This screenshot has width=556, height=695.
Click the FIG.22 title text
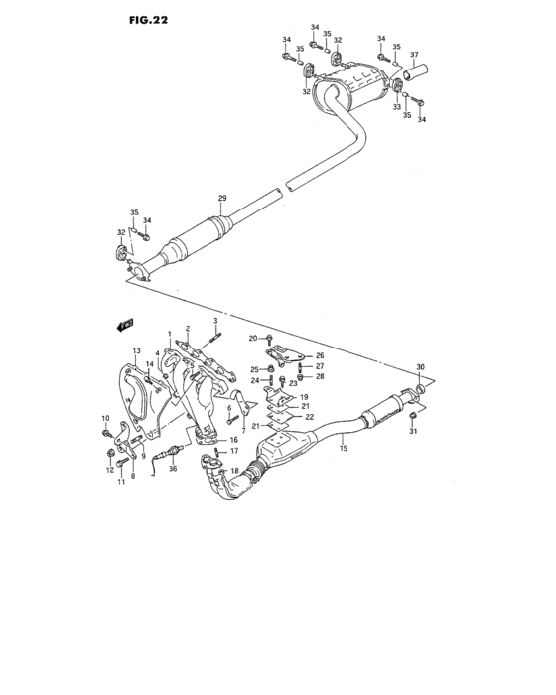(x=147, y=19)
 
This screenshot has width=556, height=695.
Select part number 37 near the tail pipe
(x=414, y=55)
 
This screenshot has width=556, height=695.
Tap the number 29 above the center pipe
(x=223, y=200)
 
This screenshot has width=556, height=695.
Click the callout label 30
(x=421, y=368)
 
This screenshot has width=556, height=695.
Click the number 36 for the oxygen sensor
(x=173, y=469)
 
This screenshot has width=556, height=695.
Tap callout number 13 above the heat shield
(x=137, y=351)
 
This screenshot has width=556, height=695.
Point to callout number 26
(x=320, y=355)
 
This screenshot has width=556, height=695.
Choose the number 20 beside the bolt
(x=253, y=339)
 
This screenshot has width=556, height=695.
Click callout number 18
(x=235, y=471)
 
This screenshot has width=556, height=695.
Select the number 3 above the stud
(x=215, y=320)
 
